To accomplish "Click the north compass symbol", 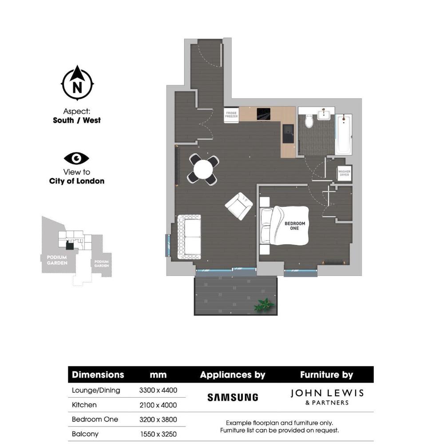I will pos(77,84).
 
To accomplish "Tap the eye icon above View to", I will pos(77,158).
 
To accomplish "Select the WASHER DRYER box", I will pos(344,173).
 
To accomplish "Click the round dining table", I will pos(204,169).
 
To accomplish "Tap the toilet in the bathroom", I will pos(309,120).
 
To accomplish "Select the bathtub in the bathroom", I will pos(344,134).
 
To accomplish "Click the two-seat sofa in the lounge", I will pos(189,236).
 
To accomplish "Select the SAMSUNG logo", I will pos(232,397).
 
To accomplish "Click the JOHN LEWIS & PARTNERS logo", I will pos(327,397).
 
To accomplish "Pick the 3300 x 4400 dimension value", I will pos(158,390).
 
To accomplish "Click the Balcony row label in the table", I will pos(85,434).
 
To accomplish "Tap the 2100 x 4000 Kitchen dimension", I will pos(158,405).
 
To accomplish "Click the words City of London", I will pos(77,181).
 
